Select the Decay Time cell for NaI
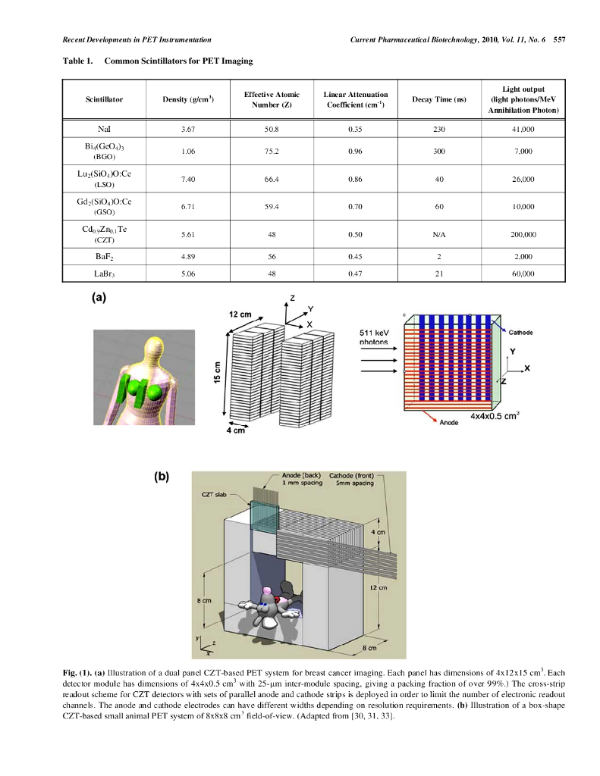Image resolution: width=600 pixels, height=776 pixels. coord(438,130)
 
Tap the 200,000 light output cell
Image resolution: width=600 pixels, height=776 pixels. coord(523,234)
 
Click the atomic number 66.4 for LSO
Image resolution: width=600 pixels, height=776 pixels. coord(272,179)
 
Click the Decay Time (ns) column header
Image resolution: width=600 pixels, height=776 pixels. coord(438,99)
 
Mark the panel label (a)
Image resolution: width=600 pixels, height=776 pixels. coord(99,298)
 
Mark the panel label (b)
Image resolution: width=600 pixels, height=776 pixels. coord(161,476)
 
